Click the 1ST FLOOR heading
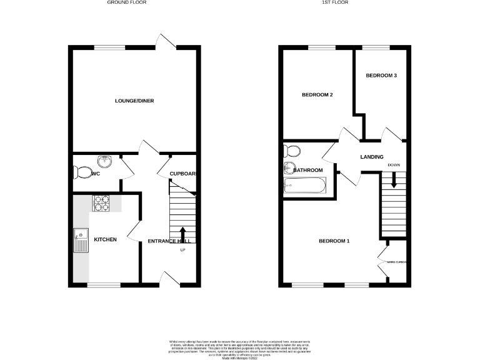[x=345, y=3]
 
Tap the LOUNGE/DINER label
[x=134, y=101]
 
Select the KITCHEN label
[x=105, y=239]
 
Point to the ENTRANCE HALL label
[x=169, y=241]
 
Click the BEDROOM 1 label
[x=334, y=241]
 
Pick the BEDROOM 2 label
[x=317, y=95]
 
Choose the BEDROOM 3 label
[x=381, y=75]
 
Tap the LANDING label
[x=371, y=157]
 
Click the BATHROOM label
[x=308, y=170]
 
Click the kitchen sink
[x=81, y=241]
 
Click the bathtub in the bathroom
[x=304, y=185]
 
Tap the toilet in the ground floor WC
[x=81, y=172]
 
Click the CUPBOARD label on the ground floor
[x=183, y=174]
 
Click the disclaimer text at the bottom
[x=240, y=348]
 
